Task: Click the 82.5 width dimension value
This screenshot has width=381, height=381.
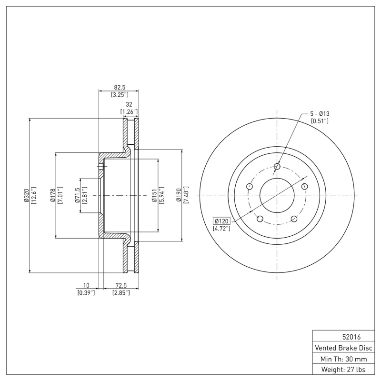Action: coord(119,87)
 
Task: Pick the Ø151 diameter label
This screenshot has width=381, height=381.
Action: coord(154,196)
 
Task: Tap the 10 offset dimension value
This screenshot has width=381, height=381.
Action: coord(86,285)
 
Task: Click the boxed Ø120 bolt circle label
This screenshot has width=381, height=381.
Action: coord(222,221)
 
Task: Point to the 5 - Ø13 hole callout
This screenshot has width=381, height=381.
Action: coord(320,113)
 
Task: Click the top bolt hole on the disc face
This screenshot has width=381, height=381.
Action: coord(277,166)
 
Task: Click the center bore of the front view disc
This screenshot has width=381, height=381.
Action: coord(277,196)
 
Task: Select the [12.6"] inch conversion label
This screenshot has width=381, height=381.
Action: coord(34,196)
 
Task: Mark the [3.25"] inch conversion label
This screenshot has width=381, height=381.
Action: coord(119,95)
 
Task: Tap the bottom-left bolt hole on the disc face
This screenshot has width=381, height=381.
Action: coord(260,219)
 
